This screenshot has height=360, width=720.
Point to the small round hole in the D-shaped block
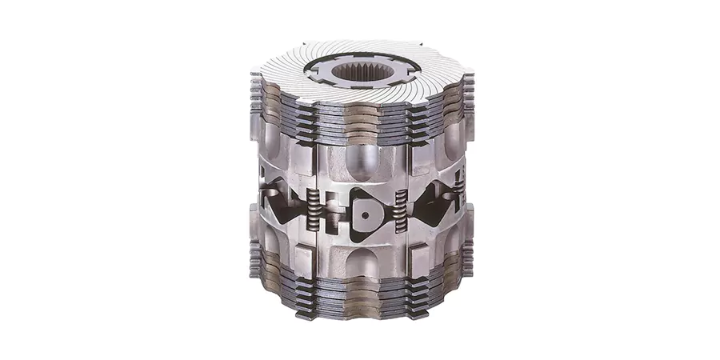pyautogui.click(x=366, y=214)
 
